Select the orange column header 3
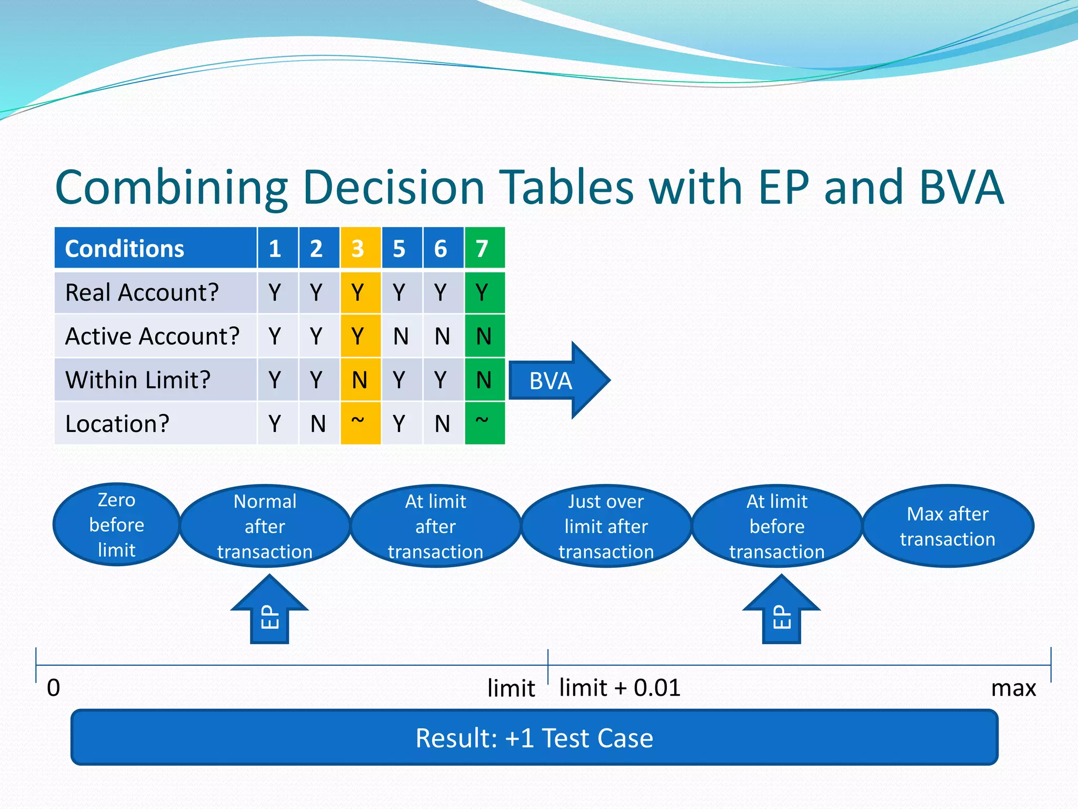360,249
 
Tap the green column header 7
484,249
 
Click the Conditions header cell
155,249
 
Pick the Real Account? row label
142,292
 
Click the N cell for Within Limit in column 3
360,380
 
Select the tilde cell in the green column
484,422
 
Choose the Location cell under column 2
318,423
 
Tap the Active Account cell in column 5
401,336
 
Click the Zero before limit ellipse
116,525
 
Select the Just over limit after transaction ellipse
606,526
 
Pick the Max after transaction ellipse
947,526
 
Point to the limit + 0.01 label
620,688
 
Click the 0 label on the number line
54,688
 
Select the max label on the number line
1013,688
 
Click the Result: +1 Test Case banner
534,737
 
